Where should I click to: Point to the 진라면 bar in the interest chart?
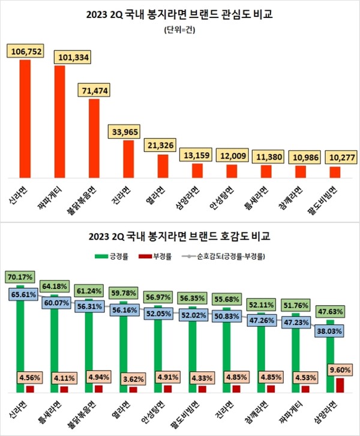tap(128, 159)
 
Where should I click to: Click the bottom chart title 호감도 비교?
tap(179, 237)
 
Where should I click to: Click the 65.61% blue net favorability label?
tap(24, 295)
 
